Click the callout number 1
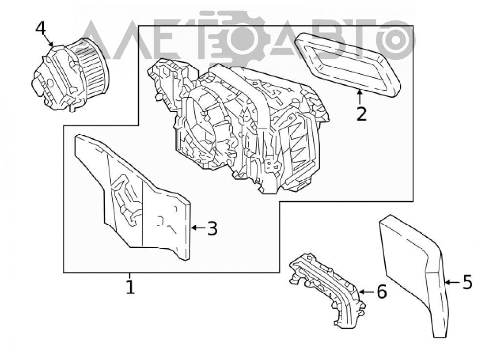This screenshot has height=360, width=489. click(x=131, y=287)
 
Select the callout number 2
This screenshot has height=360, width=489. click(x=361, y=114)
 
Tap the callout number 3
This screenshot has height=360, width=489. click(x=212, y=228)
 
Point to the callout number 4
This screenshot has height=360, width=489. click(x=41, y=28)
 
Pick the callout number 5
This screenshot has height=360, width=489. click(x=467, y=282)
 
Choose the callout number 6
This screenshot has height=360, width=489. click(x=381, y=292)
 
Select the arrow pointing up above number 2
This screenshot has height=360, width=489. click(x=360, y=97)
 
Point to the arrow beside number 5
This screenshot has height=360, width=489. click(x=452, y=282)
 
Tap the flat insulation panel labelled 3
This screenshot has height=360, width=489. click(x=133, y=197)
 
